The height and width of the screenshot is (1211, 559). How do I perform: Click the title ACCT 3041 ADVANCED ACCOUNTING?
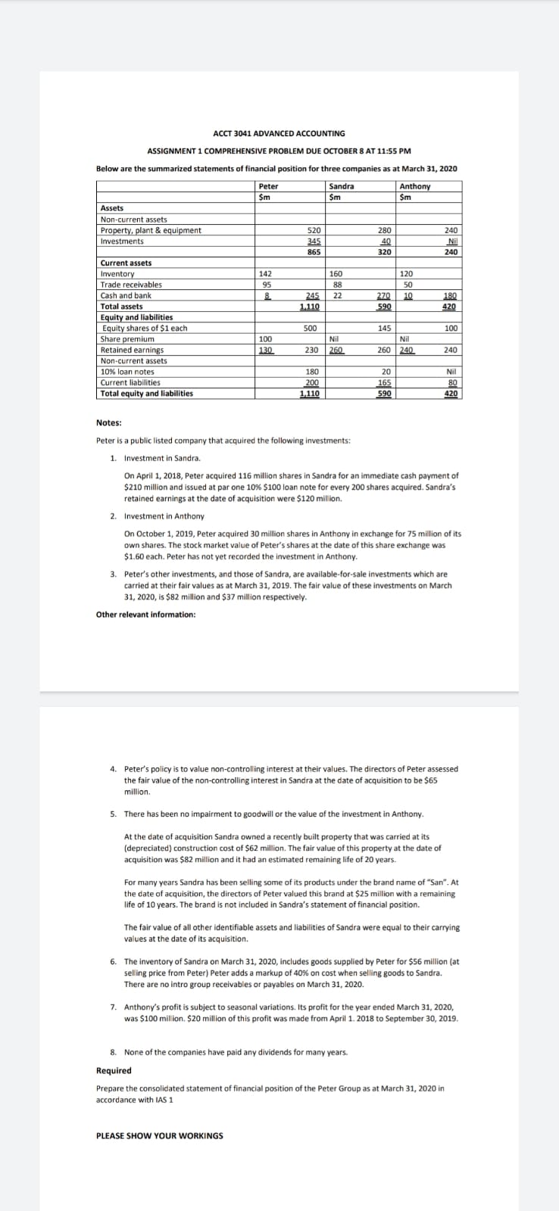point(279,133)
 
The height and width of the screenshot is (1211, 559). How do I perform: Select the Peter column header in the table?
point(268,186)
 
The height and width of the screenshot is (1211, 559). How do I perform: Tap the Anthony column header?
point(414,186)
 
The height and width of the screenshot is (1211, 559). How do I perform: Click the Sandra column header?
point(341,186)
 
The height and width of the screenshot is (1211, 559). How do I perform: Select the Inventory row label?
point(117,274)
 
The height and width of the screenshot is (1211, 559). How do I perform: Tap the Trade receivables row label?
point(131,285)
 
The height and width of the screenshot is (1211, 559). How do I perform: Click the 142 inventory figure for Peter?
point(265,274)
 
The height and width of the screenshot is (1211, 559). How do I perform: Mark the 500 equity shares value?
point(310,328)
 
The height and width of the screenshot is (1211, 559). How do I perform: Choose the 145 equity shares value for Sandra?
point(383,328)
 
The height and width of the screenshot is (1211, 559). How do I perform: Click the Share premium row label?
point(127,339)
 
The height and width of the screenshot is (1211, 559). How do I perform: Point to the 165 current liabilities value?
point(383,383)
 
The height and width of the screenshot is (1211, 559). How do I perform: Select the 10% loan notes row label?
point(127,372)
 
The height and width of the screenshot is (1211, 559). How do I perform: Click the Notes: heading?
point(109,423)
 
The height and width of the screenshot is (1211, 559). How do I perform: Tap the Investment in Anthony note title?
point(164,516)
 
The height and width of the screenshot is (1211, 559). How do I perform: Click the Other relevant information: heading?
point(145,615)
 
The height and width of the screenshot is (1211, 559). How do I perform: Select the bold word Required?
point(114,1070)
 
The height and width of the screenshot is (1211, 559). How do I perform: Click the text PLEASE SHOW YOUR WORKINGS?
point(160,1135)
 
